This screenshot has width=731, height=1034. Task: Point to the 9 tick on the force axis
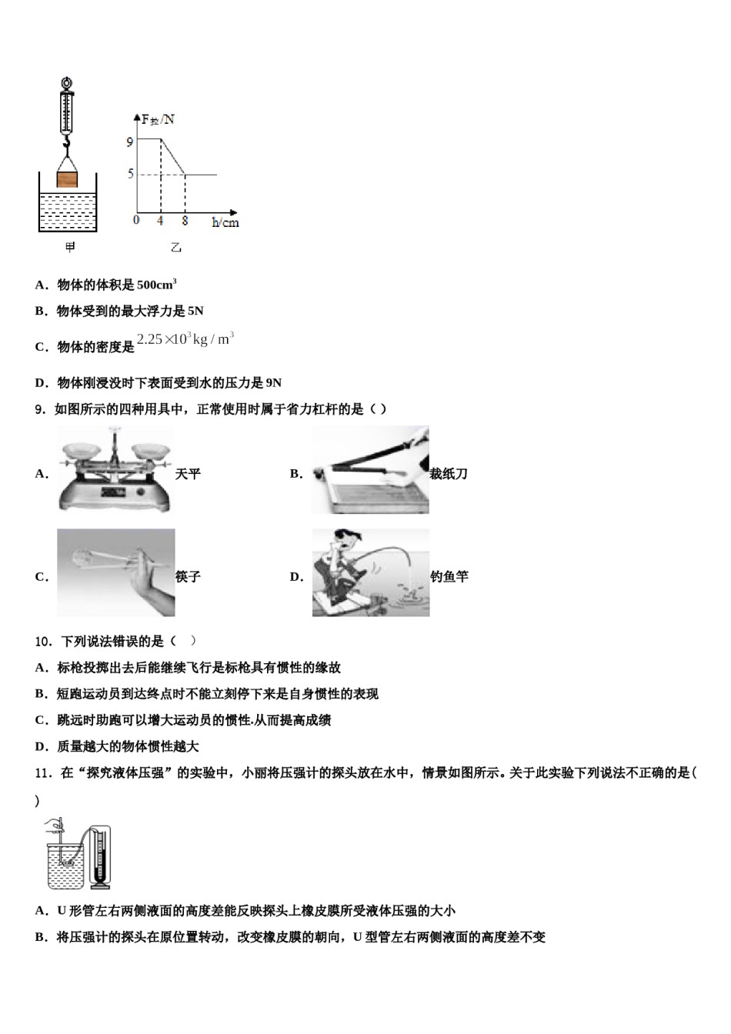click(x=130, y=142)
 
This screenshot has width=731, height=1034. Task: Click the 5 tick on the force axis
click(x=130, y=175)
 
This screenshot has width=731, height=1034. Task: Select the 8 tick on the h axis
click(x=185, y=221)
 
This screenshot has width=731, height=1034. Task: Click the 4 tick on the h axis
click(x=160, y=221)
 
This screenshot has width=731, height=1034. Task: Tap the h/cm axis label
click(x=225, y=222)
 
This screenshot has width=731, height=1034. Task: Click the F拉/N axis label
click(x=158, y=119)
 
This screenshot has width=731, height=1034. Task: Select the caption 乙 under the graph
click(x=175, y=248)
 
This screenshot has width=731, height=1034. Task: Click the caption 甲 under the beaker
click(x=69, y=247)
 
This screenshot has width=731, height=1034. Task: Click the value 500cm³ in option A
click(x=157, y=285)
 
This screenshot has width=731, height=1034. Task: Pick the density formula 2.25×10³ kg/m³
click(x=185, y=339)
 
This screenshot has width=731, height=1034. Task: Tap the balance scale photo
click(x=115, y=469)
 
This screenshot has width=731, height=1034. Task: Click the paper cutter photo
click(x=370, y=470)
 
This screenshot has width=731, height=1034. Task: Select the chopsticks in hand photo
click(x=115, y=572)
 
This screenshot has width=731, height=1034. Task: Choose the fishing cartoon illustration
click(x=370, y=572)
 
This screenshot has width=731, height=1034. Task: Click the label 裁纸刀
click(x=449, y=474)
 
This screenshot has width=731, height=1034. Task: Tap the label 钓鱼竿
click(x=449, y=576)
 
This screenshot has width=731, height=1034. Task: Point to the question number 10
click(x=43, y=641)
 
